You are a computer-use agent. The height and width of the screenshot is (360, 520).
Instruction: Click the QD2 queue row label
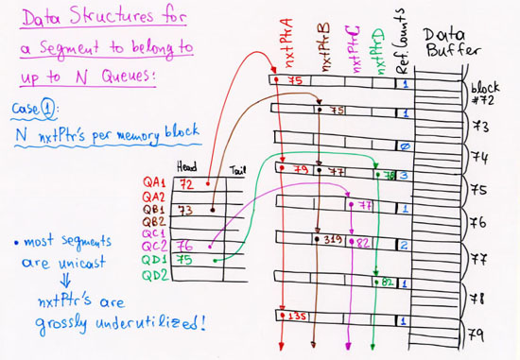tap(155, 275)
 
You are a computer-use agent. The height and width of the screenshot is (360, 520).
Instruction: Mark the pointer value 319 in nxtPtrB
tap(332, 241)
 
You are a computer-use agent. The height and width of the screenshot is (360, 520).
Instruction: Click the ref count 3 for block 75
tap(403, 175)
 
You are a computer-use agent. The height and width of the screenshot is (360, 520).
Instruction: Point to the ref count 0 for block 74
tap(403, 146)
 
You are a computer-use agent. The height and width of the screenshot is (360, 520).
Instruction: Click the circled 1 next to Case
tap(54, 107)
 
